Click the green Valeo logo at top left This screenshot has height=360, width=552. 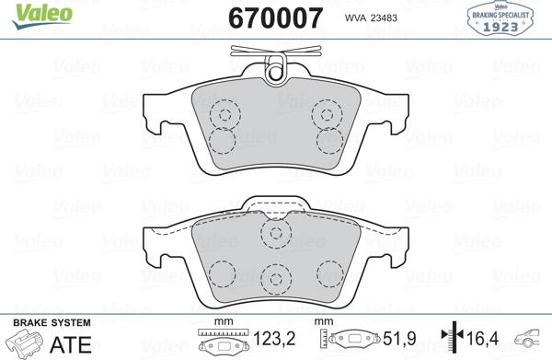pos(29,11)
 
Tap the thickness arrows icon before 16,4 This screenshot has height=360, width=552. pos(448,342)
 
